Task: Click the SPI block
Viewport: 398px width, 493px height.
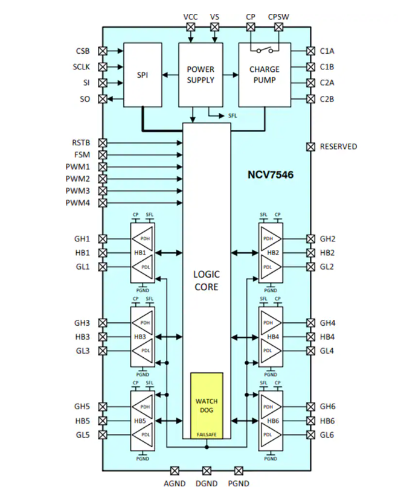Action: point(143,75)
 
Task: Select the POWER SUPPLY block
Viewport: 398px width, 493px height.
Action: point(201,75)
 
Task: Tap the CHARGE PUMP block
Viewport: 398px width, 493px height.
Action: point(265,75)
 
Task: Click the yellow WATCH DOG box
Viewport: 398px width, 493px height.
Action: point(207,406)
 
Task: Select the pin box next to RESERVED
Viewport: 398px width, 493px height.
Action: point(310,147)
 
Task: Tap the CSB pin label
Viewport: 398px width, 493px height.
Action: point(83,51)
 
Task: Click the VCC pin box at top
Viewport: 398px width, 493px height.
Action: point(190,27)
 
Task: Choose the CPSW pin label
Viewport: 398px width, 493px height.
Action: point(278,16)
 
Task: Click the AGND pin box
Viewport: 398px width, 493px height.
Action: point(175,470)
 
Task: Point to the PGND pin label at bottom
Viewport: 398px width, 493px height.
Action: point(238,483)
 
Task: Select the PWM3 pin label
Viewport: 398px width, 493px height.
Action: point(77,191)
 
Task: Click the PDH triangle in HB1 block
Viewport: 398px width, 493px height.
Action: point(144,238)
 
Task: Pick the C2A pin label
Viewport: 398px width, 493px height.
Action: point(327,83)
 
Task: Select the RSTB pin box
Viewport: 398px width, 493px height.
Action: point(103,143)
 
